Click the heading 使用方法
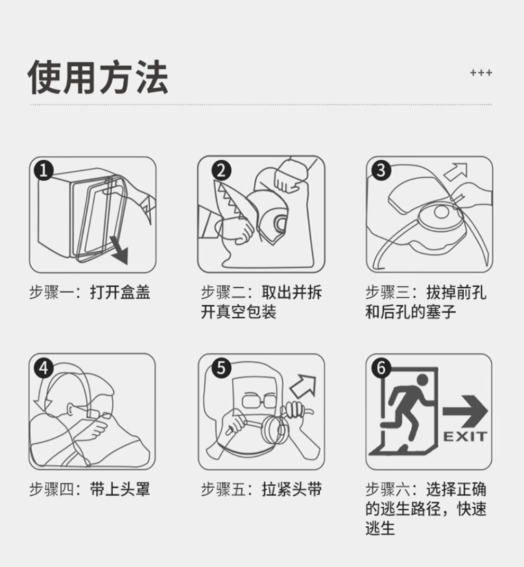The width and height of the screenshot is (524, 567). click(x=98, y=77)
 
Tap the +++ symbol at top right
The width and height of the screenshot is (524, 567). click(x=481, y=73)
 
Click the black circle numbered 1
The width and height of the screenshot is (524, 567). click(x=44, y=170)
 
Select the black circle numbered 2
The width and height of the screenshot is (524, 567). click(x=221, y=171)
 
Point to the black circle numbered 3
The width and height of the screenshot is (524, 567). click(x=381, y=170)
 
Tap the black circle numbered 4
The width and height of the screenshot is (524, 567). click(x=44, y=368)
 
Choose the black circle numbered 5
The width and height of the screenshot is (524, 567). click(x=221, y=368)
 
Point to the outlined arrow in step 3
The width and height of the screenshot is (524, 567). click(x=456, y=172)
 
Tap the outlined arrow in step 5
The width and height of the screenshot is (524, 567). click(x=303, y=386)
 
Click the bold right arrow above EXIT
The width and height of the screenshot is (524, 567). click(x=465, y=411)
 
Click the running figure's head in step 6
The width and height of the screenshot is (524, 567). click(x=422, y=380)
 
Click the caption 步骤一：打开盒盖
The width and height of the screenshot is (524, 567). click(x=89, y=292)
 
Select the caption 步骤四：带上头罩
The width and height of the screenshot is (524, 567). click(x=89, y=490)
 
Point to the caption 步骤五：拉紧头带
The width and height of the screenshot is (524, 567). click(x=261, y=490)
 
